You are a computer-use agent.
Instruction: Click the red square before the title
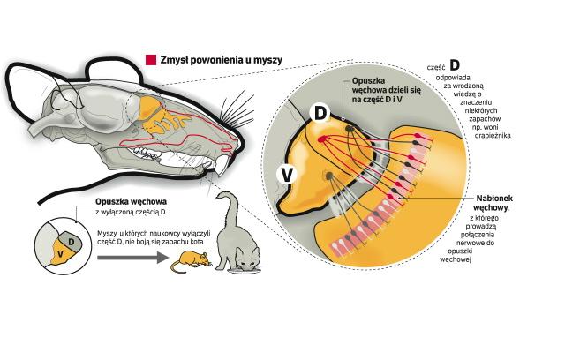pos(149,60)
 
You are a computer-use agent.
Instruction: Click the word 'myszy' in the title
pos(267,60)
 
